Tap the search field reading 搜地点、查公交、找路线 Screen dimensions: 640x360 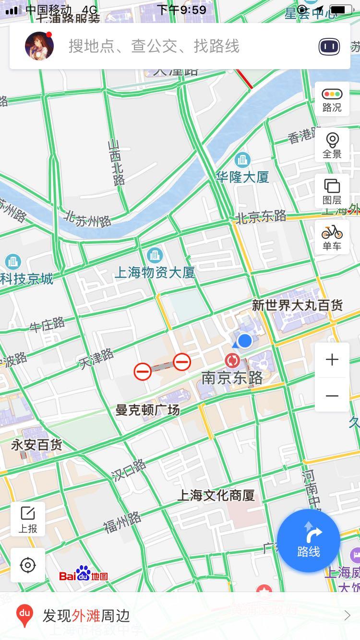click(154, 47)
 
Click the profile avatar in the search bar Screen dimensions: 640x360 click(39, 46)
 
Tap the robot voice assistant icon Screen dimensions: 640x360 click(329, 47)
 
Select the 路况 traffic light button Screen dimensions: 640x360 click(332, 99)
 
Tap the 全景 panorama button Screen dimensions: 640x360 click(332, 146)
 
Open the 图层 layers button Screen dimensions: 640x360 click(332, 191)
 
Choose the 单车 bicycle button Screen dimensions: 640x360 click(332, 237)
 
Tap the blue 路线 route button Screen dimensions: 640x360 click(308, 541)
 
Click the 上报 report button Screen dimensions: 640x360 click(28, 519)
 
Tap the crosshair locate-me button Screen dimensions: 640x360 click(28, 565)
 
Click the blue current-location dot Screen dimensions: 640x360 click(245, 341)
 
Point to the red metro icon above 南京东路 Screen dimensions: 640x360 click(233, 360)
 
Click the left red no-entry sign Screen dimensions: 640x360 click(143, 372)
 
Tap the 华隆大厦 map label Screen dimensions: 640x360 click(242, 177)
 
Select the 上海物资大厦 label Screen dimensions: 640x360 click(155, 273)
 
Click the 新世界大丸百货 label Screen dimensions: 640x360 click(297, 305)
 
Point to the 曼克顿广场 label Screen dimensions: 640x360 click(148, 410)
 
